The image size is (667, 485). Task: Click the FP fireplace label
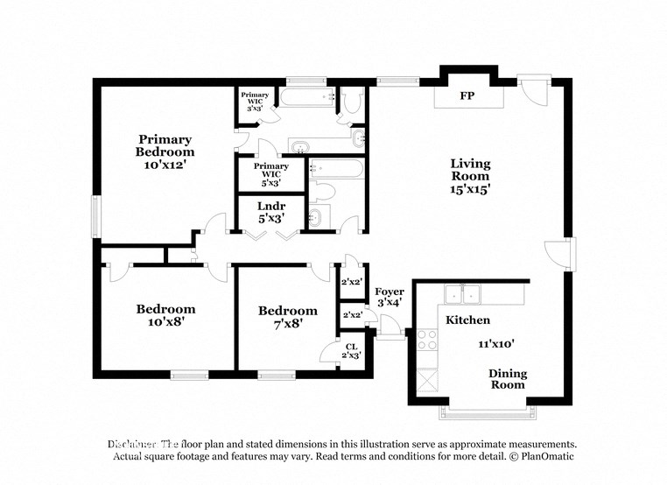pos(467,95)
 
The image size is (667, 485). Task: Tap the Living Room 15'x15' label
pos(470,175)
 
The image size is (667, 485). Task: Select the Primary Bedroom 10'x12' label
pos(164,151)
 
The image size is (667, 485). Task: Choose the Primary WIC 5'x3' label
pos(270,174)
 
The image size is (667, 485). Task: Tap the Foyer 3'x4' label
pos(389,297)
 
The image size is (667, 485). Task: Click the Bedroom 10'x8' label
pos(165,314)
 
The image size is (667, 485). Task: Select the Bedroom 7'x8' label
pos(287,316)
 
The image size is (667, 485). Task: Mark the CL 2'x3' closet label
pos(351,351)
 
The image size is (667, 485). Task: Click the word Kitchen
pos(468,320)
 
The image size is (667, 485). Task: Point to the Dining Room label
pos(507,379)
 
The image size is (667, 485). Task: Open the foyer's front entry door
pos(391,331)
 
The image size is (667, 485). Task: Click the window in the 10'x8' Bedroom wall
pos(189,375)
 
